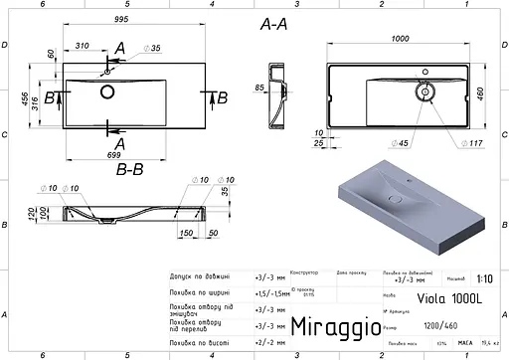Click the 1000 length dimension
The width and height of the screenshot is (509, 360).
tap(400, 38)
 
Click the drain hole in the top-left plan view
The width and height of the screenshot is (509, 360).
tap(106, 92)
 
